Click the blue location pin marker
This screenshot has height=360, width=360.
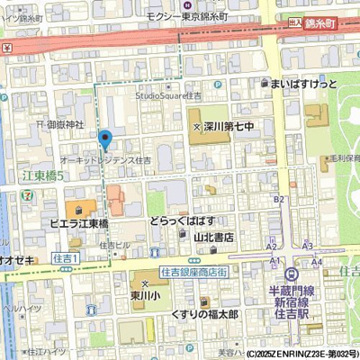pyautogui.click(x=105, y=139)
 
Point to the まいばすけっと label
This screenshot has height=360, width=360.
pyautogui.click(x=302, y=84)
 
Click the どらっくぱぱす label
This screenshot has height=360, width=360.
pyautogui.click(x=182, y=221)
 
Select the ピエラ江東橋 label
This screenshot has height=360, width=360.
pyautogui.click(x=79, y=223)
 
